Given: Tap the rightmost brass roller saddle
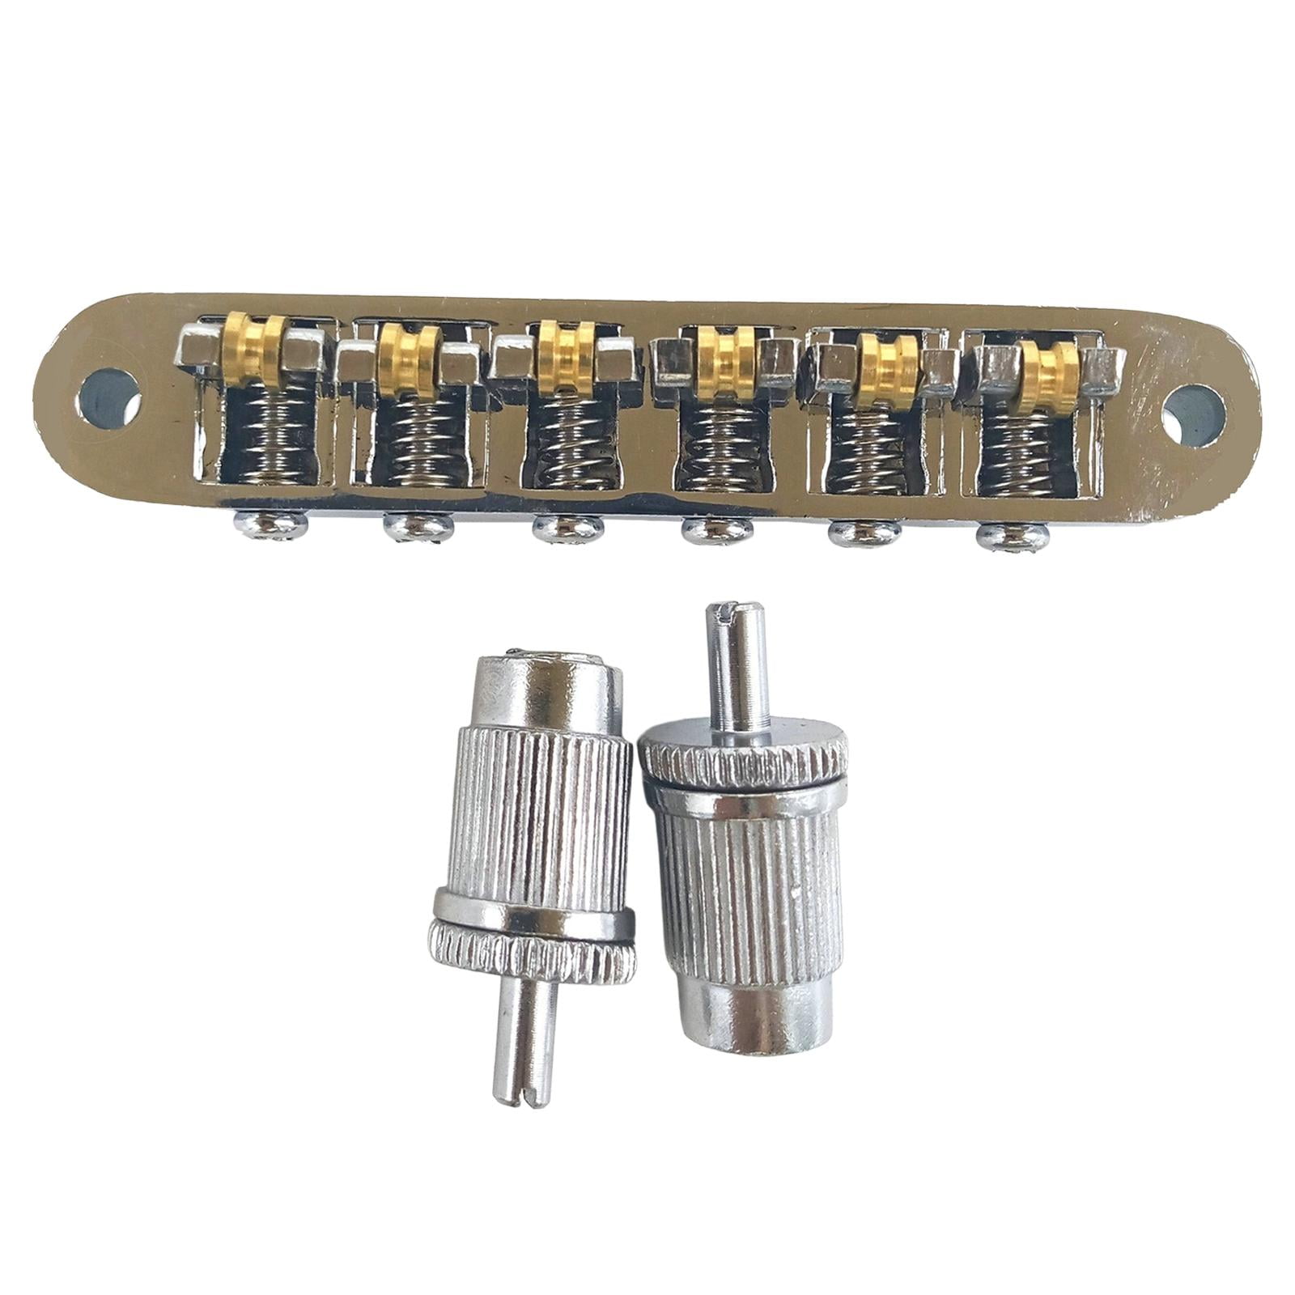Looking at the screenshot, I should tap(1046, 367).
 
